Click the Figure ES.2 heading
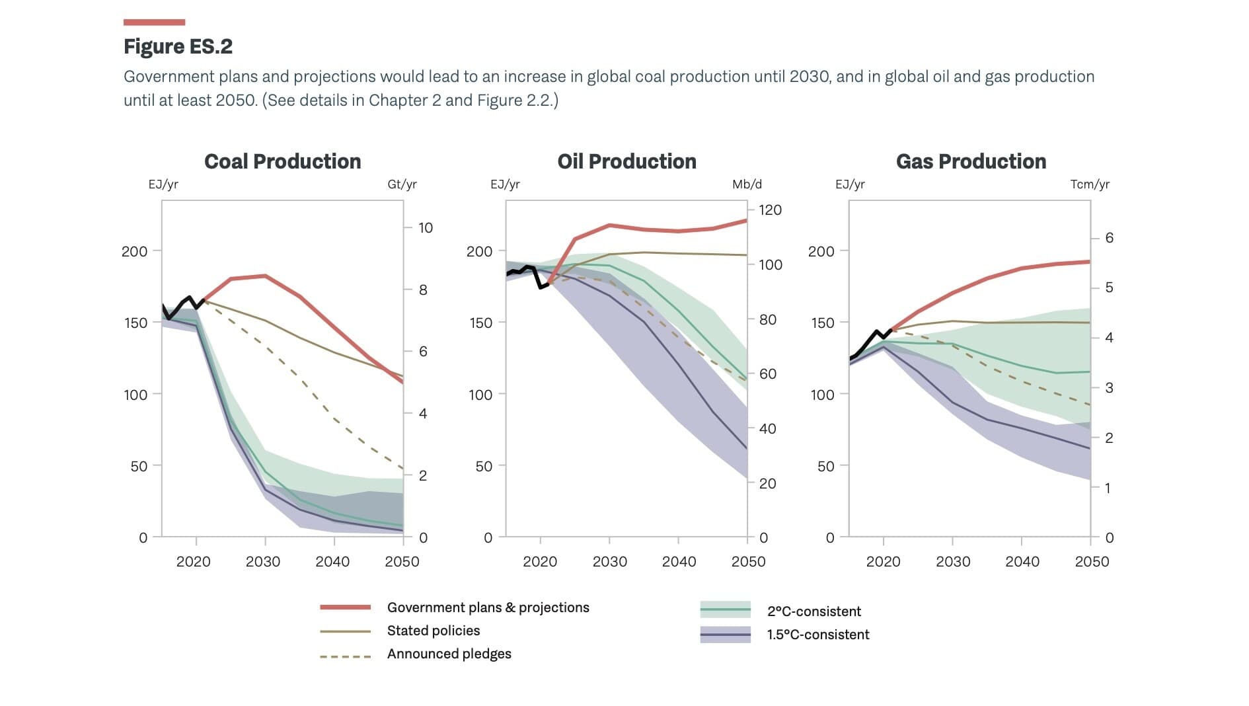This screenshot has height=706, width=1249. (x=178, y=46)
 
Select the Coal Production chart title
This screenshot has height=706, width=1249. (x=282, y=161)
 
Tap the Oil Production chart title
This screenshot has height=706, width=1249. (x=626, y=161)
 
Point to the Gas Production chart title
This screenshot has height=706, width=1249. (x=971, y=161)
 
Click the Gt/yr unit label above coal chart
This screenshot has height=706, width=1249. (x=402, y=184)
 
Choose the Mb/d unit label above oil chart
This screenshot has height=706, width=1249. (x=747, y=184)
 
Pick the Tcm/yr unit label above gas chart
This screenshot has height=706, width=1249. (x=1090, y=184)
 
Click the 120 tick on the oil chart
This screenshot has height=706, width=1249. (x=770, y=210)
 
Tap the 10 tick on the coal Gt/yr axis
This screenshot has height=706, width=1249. (x=426, y=228)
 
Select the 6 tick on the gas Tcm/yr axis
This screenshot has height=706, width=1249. (x=1109, y=238)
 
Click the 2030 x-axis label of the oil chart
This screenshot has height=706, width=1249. (x=609, y=562)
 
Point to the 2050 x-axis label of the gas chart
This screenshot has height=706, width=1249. (x=1092, y=562)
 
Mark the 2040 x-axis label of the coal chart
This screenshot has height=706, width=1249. (x=332, y=562)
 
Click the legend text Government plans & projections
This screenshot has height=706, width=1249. (x=488, y=608)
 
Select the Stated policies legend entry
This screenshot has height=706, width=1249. (x=434, y=631)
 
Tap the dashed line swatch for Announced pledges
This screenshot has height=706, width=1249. (x=345, y=657)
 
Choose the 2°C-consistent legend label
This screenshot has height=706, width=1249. (x=814, y=611)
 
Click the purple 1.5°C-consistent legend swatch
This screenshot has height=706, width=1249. (x=725, y=635)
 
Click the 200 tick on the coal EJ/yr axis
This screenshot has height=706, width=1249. (x=134, y=251)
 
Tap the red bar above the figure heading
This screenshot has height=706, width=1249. (x=154, y=22)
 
